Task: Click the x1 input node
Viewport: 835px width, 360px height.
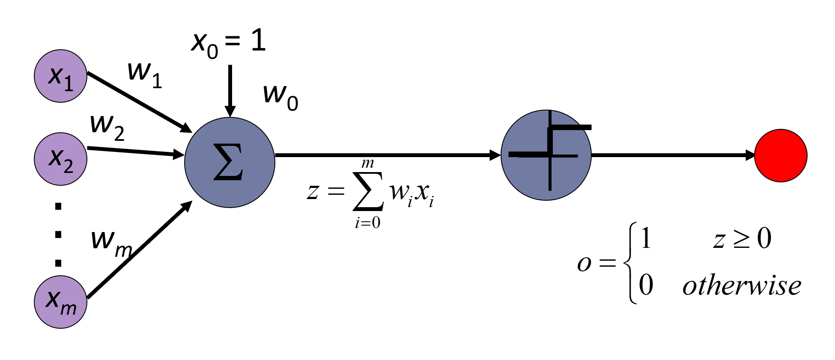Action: pos(60,76)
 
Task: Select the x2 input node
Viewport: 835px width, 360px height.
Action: pos(60,159)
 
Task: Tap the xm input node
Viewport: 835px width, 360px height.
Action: pos(60,302)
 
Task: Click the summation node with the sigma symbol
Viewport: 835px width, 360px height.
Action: pos(230,162)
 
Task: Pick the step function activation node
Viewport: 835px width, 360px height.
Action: pos(546,155)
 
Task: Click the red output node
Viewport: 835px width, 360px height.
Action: pos(781,155)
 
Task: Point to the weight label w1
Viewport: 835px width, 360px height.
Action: pos(144,74)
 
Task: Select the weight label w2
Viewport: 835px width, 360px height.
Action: pos(107,127)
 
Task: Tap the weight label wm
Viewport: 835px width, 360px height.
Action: pos(110,243)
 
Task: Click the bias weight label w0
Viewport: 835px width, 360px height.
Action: pos(280,97)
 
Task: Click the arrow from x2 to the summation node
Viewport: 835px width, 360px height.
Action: pos(135,151)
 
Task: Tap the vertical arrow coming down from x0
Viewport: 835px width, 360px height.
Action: pos(230,90)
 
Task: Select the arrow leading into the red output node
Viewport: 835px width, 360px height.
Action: pos(672,155)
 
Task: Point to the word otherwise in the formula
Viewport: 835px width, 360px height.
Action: pos(742,286)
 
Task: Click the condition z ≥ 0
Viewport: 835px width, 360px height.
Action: pos(742,239)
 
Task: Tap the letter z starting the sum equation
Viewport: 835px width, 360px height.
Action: pos(313,190)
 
